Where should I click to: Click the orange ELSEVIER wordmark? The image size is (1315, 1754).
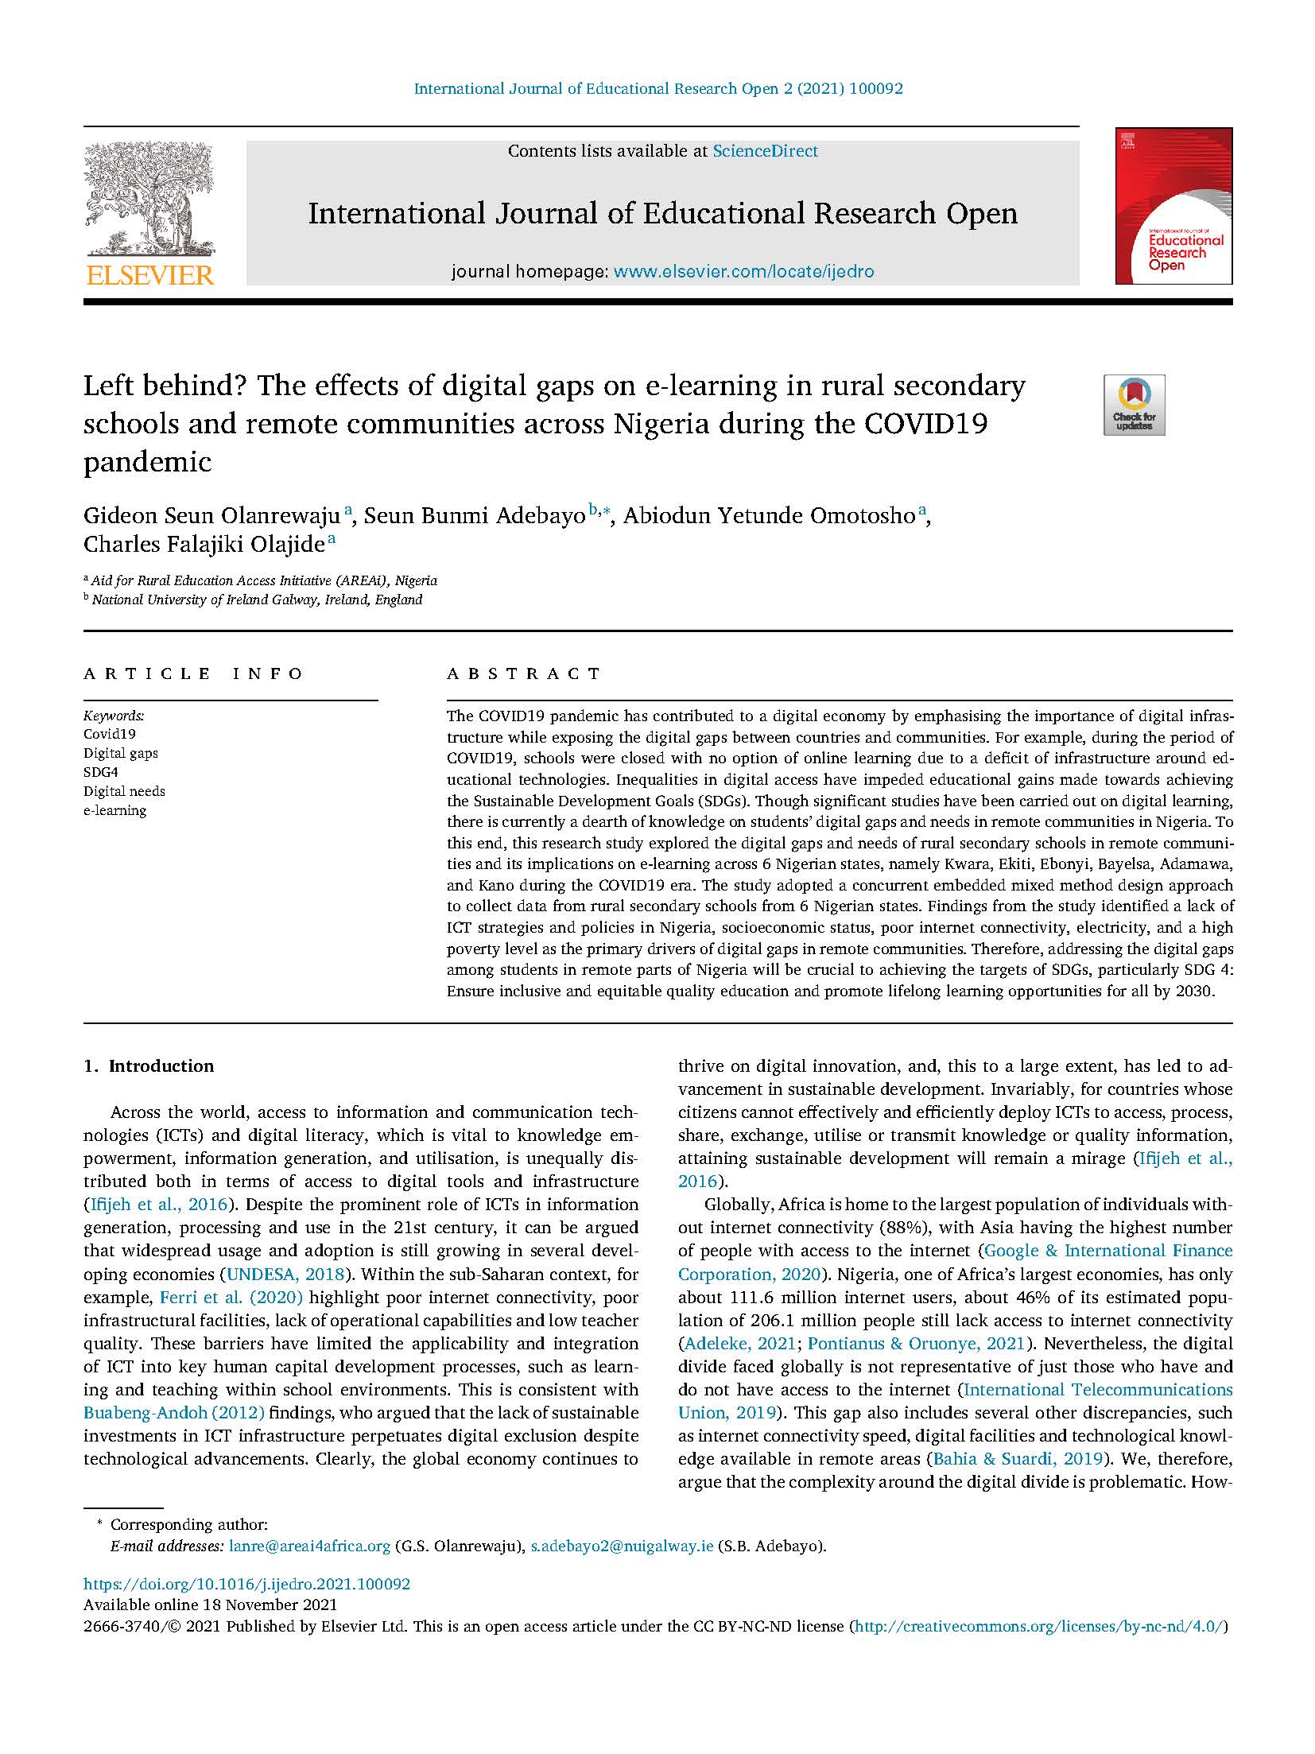coord(149,276)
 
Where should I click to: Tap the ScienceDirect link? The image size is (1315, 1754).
coord(765,151)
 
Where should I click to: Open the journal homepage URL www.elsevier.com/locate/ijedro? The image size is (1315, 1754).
coord(744,272)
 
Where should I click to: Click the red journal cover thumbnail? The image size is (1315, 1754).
coord(1173,206)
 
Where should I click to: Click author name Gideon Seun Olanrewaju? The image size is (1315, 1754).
coord(212,516)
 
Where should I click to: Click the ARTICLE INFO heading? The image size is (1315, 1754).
coord(194,673)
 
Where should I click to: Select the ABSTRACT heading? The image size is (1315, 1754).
coord(524,673)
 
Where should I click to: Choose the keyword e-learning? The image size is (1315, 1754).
coord(115,810)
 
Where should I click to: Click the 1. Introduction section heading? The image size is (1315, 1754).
coord(149,1066)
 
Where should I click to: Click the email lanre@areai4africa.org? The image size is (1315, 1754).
coord(310,1546)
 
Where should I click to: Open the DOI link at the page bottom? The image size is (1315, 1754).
coord(246,1584)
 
